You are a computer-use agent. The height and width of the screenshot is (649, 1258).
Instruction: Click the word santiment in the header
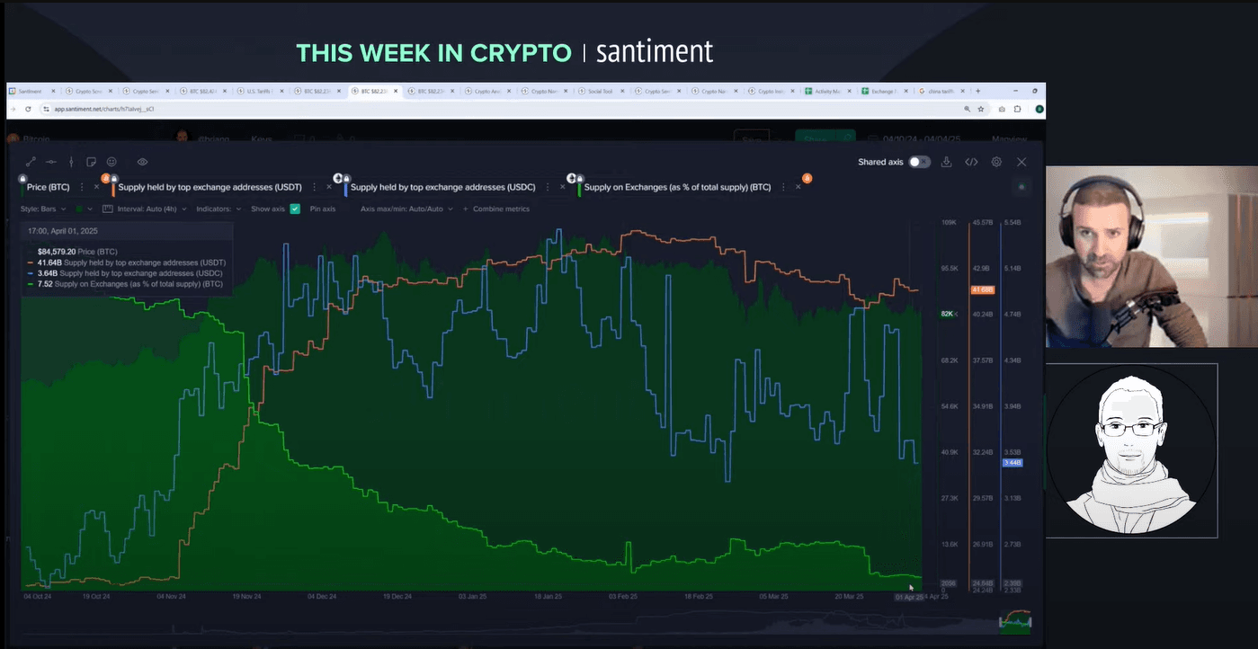point(655,52)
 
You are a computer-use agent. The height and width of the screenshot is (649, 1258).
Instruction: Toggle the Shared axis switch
point(919,162)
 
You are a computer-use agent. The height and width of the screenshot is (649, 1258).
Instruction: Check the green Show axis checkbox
point(295,209)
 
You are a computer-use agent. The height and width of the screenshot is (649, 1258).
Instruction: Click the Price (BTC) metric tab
point(49,187)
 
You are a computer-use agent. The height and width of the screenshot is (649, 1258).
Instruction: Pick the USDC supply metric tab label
point(442,187)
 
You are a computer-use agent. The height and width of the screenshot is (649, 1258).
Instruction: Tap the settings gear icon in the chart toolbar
point(996,162)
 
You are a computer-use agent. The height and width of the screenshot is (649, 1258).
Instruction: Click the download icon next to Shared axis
point(946,162)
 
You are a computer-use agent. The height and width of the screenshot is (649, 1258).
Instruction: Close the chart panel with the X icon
point(1022,162)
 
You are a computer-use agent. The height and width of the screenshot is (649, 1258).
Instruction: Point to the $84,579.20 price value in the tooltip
point(57,252)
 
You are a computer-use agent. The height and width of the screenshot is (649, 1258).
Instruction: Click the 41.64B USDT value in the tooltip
point(49,262)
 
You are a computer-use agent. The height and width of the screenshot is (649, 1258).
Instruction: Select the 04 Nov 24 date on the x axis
point(171,596)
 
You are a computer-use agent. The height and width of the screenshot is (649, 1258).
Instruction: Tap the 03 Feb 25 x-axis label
point(622,596)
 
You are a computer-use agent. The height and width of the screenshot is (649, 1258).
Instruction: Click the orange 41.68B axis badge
point(982,289)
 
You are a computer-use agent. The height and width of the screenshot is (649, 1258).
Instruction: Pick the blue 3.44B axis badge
point(1012,463)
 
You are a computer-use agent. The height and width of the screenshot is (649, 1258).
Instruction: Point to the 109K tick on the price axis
point(948,222)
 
